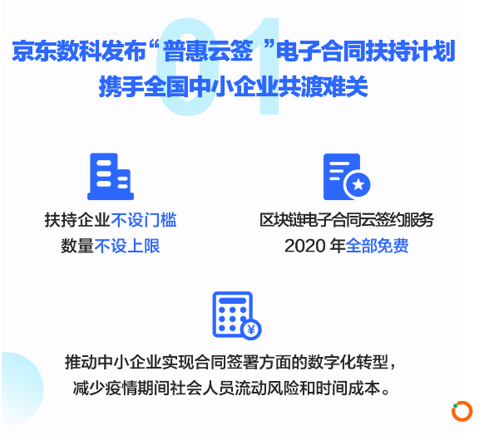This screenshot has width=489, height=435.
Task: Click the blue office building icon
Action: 111,176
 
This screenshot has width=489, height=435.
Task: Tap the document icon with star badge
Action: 347,177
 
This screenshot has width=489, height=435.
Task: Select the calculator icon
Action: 237,315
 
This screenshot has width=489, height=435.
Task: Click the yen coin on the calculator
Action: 251,330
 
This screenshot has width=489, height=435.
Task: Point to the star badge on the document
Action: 358,184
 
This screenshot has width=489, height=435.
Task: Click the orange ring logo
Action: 462,411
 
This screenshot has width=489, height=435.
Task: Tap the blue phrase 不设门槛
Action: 144,220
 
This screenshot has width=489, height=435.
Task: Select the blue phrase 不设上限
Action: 127,246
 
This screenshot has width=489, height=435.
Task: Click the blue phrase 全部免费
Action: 377,246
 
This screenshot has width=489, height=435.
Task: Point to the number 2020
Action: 305,246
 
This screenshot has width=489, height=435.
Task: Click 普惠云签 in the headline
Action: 208,51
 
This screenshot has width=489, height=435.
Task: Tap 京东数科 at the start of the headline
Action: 57,51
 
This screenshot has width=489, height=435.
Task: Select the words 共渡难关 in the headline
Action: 323,86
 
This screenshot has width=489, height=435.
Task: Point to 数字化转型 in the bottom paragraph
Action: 348,362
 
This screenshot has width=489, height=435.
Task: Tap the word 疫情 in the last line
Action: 121,388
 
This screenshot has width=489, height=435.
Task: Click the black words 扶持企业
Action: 77,220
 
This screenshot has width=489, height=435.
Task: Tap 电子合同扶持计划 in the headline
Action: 366,51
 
